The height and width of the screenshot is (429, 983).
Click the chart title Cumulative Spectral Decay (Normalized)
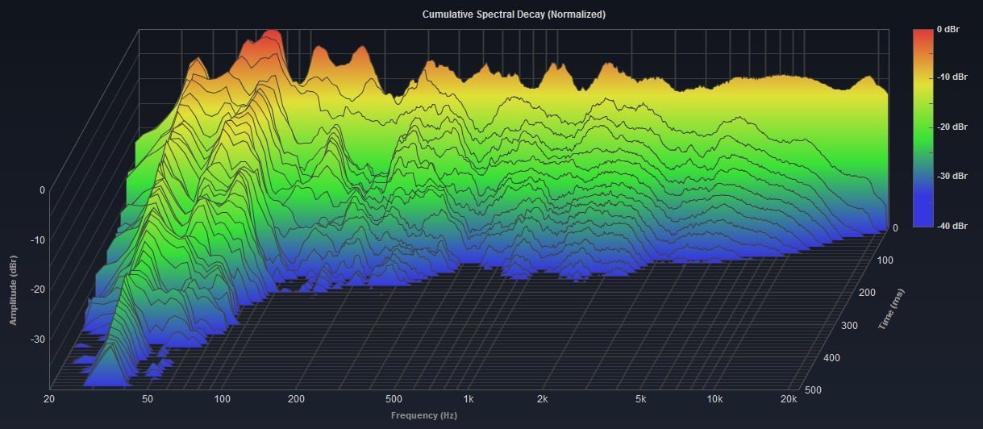click(x=491, y=15)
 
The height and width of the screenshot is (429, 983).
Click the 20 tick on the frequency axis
click(x=50, y=399)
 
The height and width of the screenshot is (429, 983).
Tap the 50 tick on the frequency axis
click(x=148, y=399)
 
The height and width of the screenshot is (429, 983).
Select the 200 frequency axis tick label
click(x=296, y=399)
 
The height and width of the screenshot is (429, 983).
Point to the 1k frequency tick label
click(x=469, y=399)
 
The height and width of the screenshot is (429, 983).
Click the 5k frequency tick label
click(x=641, y=399)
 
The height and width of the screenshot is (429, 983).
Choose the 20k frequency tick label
click(x=789, y=399)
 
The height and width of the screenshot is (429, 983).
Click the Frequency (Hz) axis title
click(x=423, y=416)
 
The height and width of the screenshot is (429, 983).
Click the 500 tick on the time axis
click(x=814, y=389)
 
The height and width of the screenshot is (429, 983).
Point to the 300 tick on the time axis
click(x=849, y=325)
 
